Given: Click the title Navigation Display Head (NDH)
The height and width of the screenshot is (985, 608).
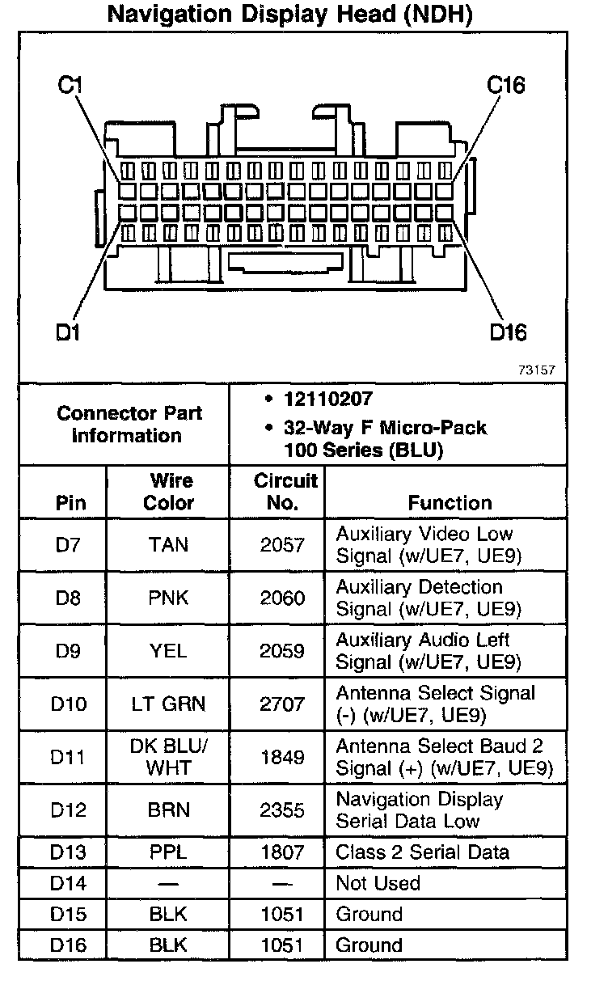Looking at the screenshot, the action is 290,14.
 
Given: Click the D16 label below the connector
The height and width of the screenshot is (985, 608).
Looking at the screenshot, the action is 508,332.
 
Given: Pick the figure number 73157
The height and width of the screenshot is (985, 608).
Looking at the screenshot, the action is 536,370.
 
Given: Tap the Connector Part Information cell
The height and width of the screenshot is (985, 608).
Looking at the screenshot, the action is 129,424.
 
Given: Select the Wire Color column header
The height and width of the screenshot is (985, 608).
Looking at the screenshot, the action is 169,492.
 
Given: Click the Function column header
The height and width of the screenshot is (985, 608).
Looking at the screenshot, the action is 450,502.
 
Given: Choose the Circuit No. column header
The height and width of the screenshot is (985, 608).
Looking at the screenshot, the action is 286,492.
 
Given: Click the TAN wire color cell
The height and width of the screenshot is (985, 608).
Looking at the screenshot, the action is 168,545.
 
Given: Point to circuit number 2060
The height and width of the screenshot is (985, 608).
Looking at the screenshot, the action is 282,598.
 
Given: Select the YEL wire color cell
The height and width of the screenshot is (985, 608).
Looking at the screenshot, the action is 168,651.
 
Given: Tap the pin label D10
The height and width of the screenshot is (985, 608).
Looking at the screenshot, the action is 68,704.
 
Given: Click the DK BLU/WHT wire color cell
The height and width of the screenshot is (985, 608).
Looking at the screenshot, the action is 168,758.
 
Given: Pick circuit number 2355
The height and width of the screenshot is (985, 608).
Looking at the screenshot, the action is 282,810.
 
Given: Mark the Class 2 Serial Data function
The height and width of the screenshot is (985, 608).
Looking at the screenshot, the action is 422,852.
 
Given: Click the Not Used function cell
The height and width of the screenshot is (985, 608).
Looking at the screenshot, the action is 378,883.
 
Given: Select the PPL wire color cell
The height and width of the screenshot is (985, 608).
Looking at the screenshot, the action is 168,852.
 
